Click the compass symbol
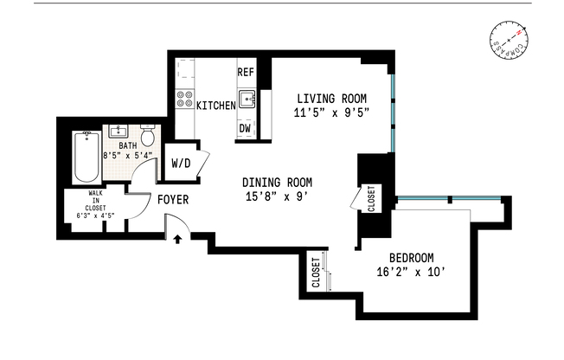tap(509, 44)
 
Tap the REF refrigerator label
tap(246, 74)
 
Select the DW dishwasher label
tap(246, 129)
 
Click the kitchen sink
tap(247, 100)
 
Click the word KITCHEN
tap(216, 106)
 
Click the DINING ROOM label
tap(277, 183)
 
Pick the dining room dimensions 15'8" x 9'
tap(277, 196)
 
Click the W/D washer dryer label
tap(181, 162)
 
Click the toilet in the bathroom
tap(148, 137)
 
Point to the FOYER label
tap(173, 200)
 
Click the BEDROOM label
tap(411, 258)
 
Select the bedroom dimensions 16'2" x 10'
tap(411, 273)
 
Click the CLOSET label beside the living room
tap(371, 199)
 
